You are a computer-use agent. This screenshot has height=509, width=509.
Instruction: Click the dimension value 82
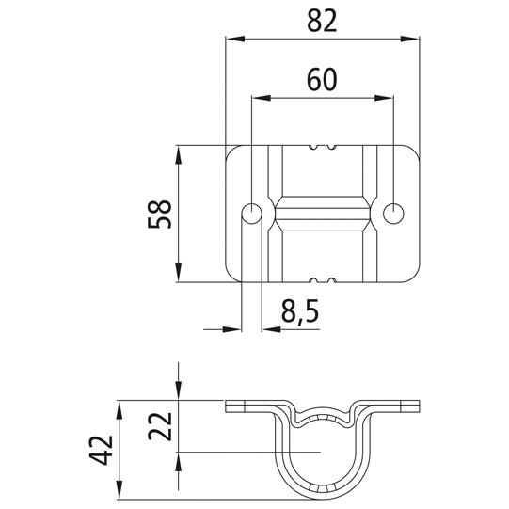point(322,22)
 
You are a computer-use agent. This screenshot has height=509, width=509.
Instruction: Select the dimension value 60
point(322,80)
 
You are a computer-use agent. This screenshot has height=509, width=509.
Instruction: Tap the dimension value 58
point(159,214)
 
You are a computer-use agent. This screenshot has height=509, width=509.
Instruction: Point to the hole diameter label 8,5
point(300,312)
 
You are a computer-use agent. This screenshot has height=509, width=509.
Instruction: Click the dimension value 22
point(159,426)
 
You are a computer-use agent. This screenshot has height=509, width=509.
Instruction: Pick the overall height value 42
point(101,451)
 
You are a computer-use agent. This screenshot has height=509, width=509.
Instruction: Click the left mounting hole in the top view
point(251,214)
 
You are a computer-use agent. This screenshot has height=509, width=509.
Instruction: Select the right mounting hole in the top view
point(393,214)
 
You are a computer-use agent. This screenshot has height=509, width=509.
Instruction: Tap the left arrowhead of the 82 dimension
point(235,39)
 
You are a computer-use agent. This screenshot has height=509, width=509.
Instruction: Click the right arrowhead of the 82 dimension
point(410,39)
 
